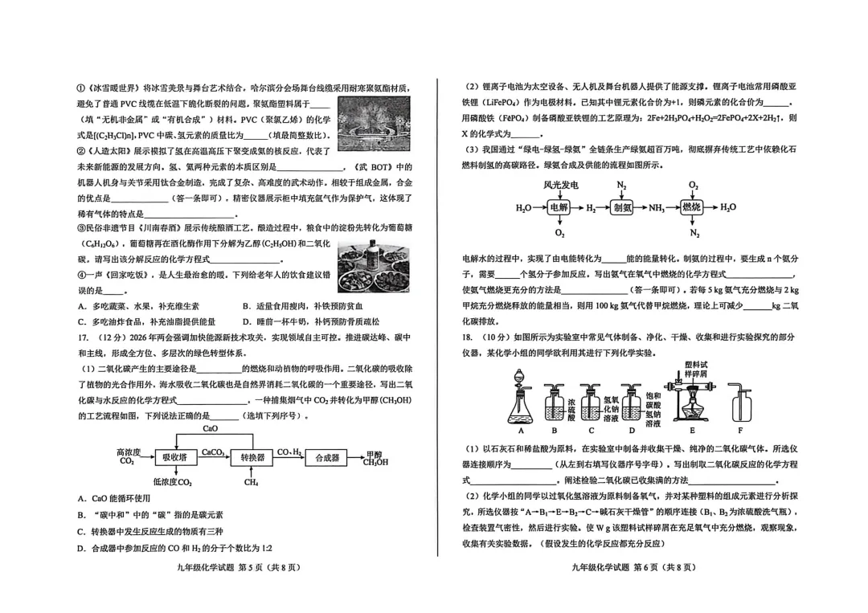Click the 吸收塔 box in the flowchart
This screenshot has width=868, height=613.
tap(175, 457)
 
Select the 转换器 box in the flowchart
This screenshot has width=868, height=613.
tap(252, 457)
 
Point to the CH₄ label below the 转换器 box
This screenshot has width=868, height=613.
tap(252, 482)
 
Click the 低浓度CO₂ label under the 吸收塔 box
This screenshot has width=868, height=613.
tap(173, 482)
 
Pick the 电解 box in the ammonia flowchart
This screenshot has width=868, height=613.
tap(559, 207)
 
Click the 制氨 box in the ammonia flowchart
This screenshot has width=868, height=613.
tap(623, 207)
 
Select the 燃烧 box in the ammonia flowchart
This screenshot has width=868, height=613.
tap(693, 207)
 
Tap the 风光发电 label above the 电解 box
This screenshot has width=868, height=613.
tap(560, 185)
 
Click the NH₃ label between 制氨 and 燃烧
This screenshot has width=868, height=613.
tap(657, 208)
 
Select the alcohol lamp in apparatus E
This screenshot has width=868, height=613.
tap(691, 411)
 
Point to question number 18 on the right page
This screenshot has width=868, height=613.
tap(469, 337)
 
